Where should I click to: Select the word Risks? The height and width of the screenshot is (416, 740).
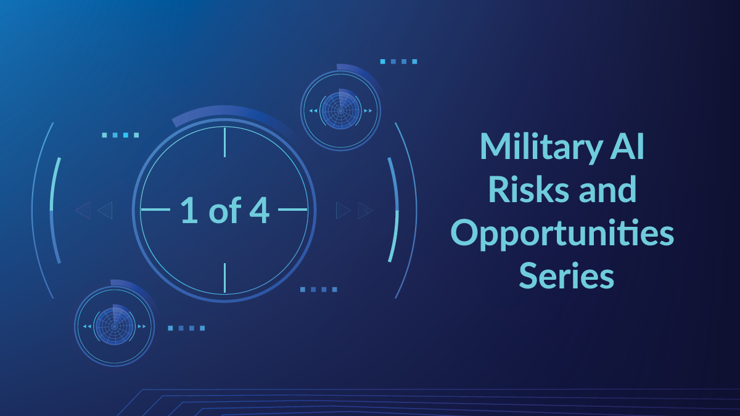pos(528,189)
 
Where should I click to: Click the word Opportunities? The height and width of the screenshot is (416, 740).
pos(562,234)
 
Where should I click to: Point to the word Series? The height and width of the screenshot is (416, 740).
pos(567,275)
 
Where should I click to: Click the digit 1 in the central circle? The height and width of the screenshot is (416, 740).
pos(189,210)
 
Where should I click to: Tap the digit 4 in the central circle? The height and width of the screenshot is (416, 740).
pos(260,210)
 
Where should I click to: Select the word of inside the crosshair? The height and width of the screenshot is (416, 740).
pos(224,210)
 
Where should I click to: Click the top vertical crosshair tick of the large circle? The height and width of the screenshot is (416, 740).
pos(224,142)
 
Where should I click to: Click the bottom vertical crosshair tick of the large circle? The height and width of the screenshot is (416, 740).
pos(224,278)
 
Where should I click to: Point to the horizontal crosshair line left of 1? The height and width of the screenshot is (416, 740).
pos(155,210)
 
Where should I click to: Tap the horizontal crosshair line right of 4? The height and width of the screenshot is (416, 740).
pos(293,210)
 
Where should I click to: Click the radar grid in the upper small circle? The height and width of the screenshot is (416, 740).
pos(340,110)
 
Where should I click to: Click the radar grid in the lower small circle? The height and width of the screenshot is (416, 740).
pos(114,326)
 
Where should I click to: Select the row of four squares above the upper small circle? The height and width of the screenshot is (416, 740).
pos(398,62)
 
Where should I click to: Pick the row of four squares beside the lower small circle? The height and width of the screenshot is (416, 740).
pos(186,328)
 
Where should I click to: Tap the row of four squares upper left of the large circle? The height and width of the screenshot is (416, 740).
pos(120,135)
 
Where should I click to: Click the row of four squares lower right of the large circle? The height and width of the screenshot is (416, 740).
pos(318,290)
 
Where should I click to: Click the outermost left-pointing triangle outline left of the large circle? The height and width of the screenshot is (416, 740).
pos(83,210)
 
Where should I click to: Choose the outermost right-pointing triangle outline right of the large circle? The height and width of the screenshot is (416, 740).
pos(366,210)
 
